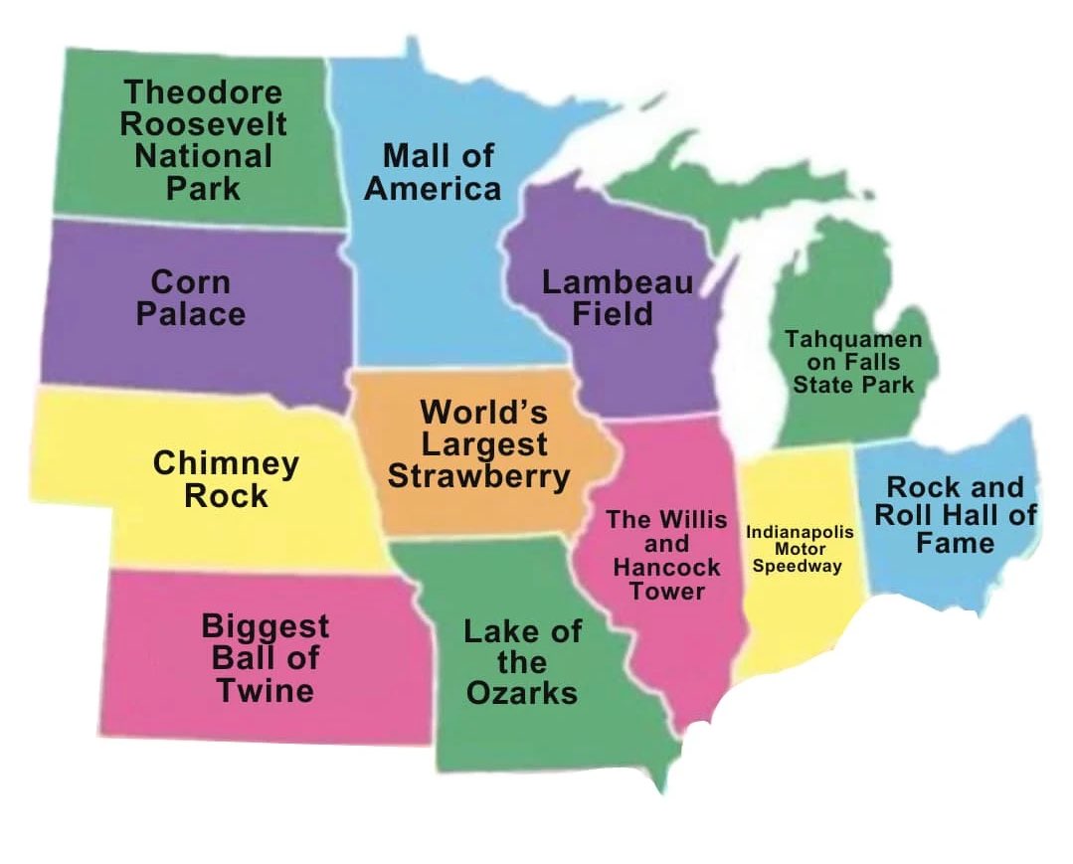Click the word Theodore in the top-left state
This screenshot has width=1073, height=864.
[x=202, y=92]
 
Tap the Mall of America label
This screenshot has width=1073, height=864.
[x=433, y=171]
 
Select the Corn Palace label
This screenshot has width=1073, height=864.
[x=191, y=297]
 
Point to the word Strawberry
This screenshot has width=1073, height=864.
[x=478, y=475]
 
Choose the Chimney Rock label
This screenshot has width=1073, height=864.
[x=226, y=479]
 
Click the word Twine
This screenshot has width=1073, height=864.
[x=266, y=690]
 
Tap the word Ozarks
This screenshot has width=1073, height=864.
[x=521, y=692]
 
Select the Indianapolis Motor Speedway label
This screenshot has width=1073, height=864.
[x=800, y=549]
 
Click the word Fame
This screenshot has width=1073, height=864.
[x=955, y=543]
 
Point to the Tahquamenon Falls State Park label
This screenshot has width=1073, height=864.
[x=853, y=361]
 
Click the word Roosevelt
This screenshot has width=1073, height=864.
[x=203, y=124]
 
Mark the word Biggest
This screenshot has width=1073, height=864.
[x=265, y=626]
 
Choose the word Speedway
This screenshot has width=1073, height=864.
[x=798, y=566]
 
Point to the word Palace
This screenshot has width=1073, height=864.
[x=191, y=314]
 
